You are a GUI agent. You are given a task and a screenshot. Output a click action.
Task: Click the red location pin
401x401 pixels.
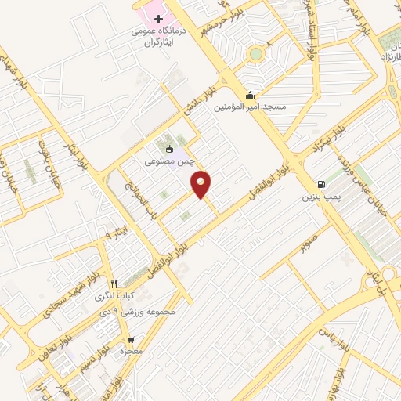[x=202, y=184]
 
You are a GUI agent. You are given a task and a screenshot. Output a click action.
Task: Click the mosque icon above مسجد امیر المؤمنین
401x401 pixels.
[x=250, y=96]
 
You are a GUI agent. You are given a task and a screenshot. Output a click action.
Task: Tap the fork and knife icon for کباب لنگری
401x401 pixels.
[x=114, y=283]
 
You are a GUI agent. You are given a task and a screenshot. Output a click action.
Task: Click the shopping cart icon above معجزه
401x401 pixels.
[x=131, y=340]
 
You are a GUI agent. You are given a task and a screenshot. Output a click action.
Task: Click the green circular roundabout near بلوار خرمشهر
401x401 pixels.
[x=255, y=54]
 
